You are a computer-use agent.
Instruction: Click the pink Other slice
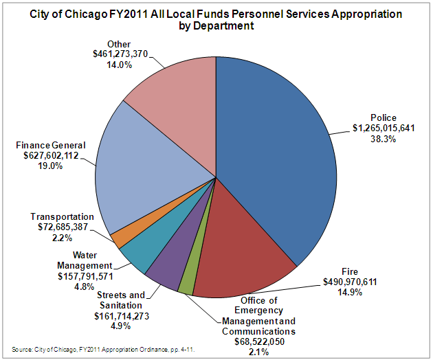(x=172, y=96)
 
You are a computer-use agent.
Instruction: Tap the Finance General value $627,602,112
(x=47, y=155)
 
